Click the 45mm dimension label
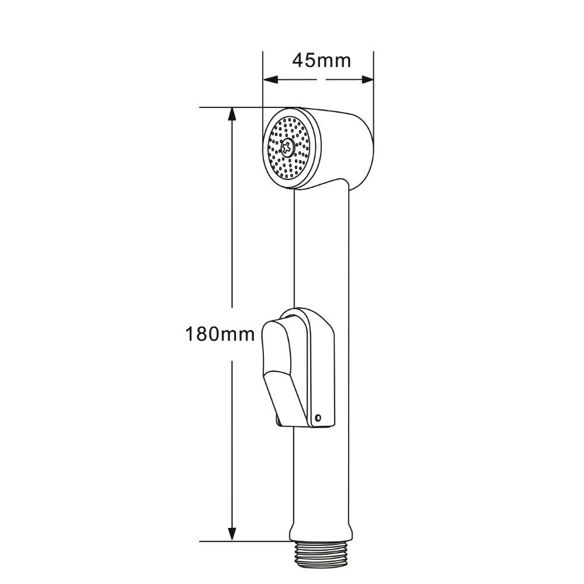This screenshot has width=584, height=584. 321,60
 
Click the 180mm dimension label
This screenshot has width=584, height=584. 220,334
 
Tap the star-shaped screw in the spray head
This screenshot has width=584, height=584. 287,148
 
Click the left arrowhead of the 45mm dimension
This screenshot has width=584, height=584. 271,79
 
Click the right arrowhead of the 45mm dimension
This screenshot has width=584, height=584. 367,79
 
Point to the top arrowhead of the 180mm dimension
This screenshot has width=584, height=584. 232,114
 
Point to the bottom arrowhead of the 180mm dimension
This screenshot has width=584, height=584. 232,533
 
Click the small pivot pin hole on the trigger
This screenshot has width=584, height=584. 318,418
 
